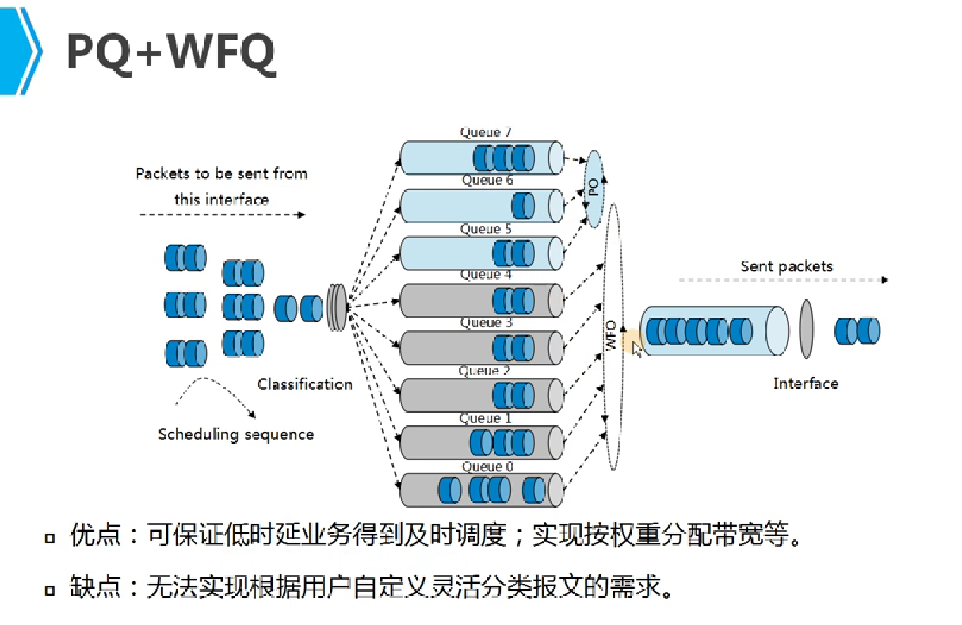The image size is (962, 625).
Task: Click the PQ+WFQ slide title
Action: pyautogui.click(x=170, y=53)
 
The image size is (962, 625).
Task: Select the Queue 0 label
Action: pyautogui.click(x=487, y=467)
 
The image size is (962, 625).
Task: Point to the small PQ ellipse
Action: pyautogui.click(x=594, y=189)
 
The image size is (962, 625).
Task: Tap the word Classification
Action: pyautogui.click(x=304, y=384)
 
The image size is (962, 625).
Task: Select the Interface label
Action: pyautogui.click(x=805, y=383)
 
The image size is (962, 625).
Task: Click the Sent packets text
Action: pyautogui.click(x=786, y=266)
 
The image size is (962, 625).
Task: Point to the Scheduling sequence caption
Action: pyautogui.click(x=235, y=434)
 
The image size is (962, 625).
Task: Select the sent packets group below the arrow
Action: pyautogui.click(x=857, y=330)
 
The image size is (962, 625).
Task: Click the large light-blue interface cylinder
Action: pyautogui.click(x=713, y=330)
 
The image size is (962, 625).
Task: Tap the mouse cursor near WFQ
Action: pyautogui.click(x=637, y=349)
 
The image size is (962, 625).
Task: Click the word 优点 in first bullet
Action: pyautogui.click(x=95, y=536)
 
